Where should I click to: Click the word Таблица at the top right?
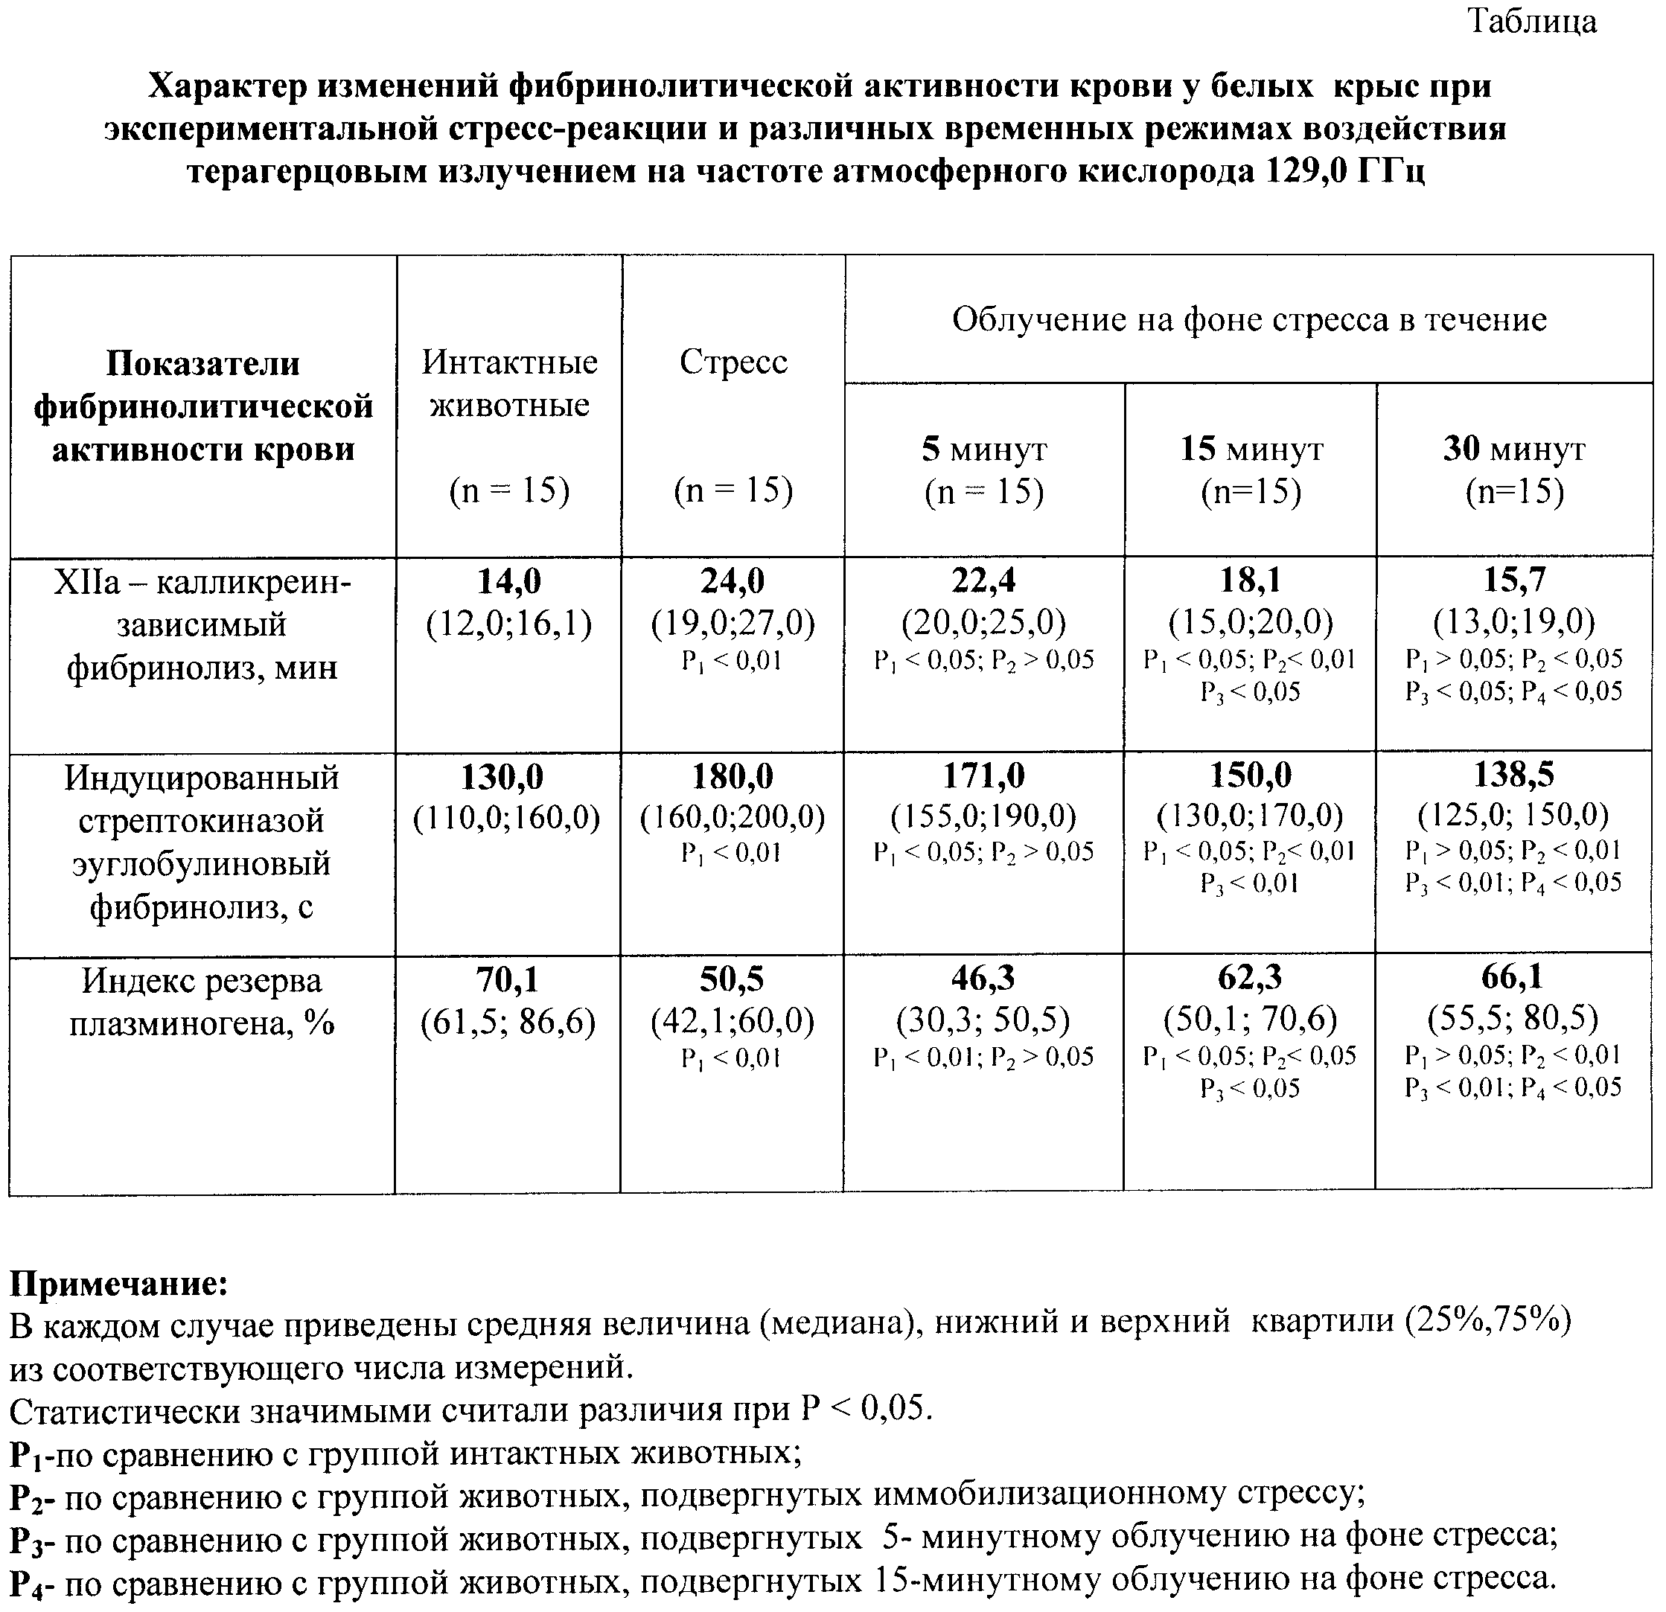pos(1532,22)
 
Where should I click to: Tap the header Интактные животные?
pos(509,383)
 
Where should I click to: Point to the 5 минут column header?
pos(984,449)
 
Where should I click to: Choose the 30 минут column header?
pos(1514,449)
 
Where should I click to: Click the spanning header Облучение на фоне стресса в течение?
pos(1248,319)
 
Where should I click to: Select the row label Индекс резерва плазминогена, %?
pos(202,1002)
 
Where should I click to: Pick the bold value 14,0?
pos(508,581)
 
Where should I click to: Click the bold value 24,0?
pos(733,581)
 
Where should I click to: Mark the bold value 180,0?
pos(732,777)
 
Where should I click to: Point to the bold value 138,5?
pos(1513,775)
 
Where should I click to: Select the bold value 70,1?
pos(508,981)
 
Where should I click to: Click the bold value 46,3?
pos(983,979)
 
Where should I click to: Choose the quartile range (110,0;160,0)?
pos(507,817)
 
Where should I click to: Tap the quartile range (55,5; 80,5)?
pos(1513,1018)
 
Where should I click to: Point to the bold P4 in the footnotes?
pos(29,1581)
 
